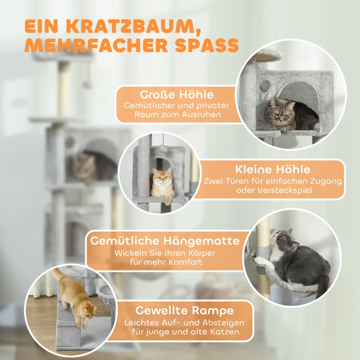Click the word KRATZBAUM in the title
pos(127,26)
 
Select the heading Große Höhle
pos(176,95)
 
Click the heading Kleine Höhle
pos(273,170)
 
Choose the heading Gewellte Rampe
pos(185,310)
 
